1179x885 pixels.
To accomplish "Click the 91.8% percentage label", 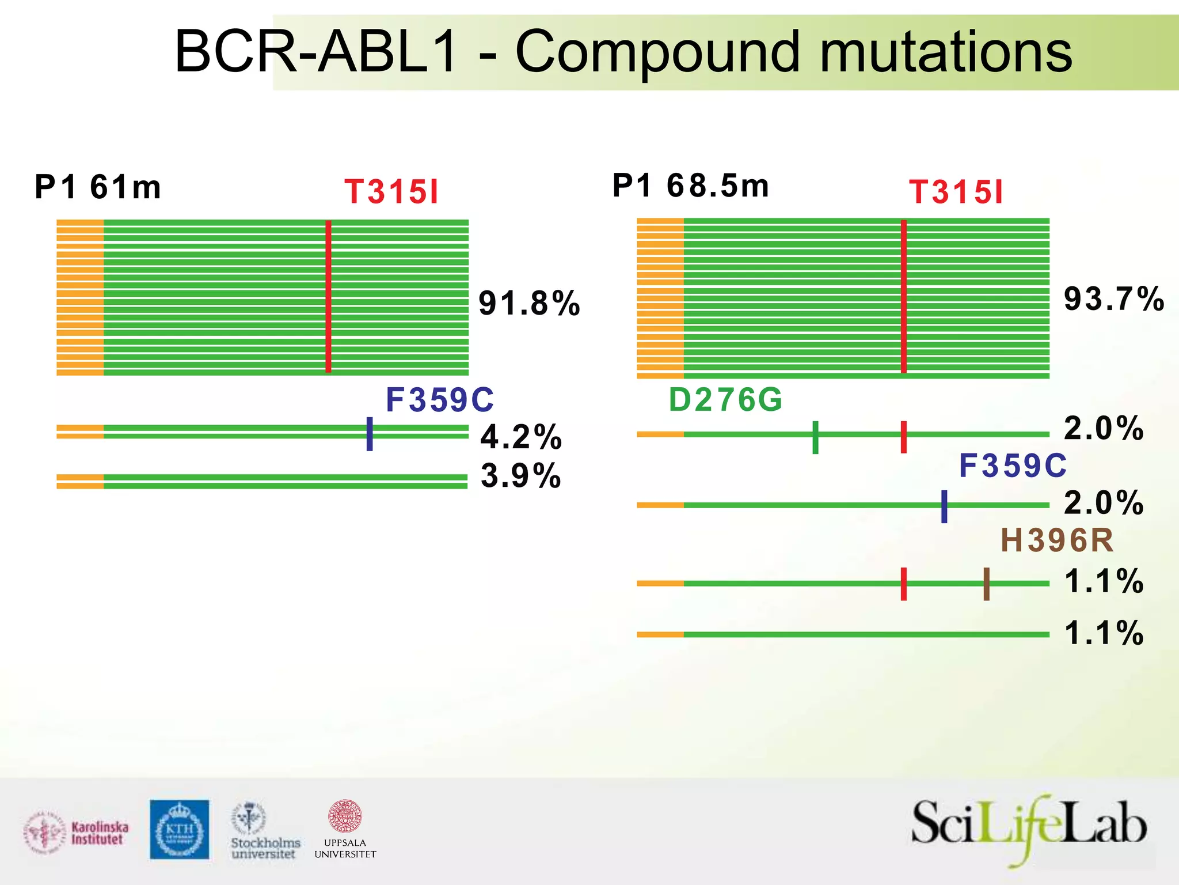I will click(529, 304).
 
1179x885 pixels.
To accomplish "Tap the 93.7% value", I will click(1113, 299).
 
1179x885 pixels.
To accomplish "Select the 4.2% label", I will click(521, 437).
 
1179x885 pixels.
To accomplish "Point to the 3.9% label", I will click(521, 476).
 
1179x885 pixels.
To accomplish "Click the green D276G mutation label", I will click(725, 400).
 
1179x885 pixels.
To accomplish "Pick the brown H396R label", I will click(1057, 540).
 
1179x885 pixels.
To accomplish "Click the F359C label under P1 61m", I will click(440, 400).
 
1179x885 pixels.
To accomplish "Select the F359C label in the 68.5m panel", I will click(1013, 466).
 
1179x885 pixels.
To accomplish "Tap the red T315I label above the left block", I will click(391, 192).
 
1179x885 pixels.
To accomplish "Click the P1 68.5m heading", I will click(690, 186).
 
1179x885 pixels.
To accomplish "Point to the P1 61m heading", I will click(98, 187).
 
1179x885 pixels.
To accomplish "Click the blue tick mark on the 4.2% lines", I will click(370, 434).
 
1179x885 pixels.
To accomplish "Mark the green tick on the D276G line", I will click(815, 437).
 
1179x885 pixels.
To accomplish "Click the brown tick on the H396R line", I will click(986, 584).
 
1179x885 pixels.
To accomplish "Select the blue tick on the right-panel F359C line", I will click(944, 506).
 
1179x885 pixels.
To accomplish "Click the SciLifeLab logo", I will click(1029, 829).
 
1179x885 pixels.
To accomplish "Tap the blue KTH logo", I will click(180, 829).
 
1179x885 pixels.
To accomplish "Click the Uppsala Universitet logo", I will click(345, 829).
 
